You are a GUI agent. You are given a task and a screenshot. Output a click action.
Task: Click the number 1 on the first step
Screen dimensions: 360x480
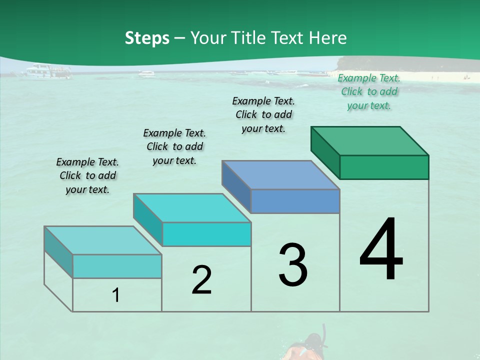[116, 295]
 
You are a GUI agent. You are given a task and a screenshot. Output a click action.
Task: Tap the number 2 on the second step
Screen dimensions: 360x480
[201, 280]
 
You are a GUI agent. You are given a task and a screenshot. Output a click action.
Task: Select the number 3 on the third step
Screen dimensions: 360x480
[293, 265]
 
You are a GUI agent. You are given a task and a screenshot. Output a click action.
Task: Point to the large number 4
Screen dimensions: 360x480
[381, 249]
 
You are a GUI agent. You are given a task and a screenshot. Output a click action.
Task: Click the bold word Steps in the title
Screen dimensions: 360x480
[147, 38]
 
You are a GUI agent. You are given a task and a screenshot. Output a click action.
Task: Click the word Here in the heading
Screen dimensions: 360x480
[327, 38]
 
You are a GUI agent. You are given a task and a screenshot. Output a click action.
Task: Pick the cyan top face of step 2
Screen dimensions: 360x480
[192, 208]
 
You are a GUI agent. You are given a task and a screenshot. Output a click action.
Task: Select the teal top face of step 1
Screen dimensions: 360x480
[103, 240]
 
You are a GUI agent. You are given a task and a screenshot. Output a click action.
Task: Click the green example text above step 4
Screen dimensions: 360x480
[369, 92]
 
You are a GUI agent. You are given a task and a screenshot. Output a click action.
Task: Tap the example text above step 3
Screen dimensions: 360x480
[263, 114]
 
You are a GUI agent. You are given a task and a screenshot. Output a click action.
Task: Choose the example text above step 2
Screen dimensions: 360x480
[174, 146]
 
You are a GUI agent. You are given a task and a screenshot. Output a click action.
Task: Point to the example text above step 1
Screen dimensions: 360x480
[87, 175]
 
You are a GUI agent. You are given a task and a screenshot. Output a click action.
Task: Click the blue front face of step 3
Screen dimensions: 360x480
[295, 201]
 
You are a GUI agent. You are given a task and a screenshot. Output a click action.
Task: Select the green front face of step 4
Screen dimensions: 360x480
[384, 167]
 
